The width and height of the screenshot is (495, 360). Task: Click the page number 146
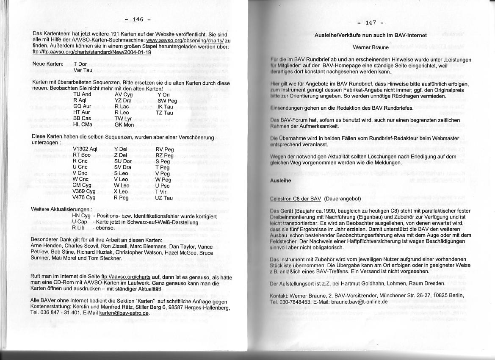(138, 19)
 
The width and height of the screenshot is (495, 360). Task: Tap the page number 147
(370, 23)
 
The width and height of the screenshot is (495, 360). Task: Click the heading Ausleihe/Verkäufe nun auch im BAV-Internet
(371, 36)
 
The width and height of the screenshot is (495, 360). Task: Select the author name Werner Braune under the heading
(371, 47)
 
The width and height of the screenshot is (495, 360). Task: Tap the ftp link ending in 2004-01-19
(92, 52)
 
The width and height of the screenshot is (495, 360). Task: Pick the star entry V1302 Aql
(85, 149)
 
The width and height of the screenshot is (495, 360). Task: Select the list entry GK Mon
(124, 125)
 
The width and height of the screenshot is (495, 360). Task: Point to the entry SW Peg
(167, 101)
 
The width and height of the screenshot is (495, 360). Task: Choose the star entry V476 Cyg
(83, 197)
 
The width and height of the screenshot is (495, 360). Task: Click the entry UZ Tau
(164, 198)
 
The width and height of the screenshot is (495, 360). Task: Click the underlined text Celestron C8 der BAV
(296, 198)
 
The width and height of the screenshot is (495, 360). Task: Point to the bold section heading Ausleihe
(280, 180)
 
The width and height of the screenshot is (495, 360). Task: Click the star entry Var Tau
(83, 69)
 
